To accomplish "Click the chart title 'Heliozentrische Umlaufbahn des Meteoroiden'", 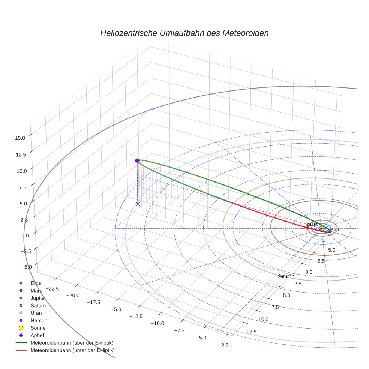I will point(184,33).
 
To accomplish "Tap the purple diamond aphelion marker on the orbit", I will point(137,160).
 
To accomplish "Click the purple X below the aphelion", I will point(138,204).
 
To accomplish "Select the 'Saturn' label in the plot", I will point(285,276).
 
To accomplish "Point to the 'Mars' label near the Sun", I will point(312,224).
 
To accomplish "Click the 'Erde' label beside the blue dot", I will point(335,229).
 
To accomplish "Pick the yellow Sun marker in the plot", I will point(321,228).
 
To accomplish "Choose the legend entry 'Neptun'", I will point(39,320).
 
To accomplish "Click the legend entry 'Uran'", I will point(36,313).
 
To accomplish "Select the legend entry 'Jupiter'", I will point(38,298).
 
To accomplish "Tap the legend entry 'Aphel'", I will point(37,335).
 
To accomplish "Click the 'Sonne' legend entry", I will point(38,328).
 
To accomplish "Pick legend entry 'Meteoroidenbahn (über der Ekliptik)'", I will point(72,343).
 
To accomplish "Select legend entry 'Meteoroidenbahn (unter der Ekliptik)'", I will point(72,350).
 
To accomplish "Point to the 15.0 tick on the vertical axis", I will point(20,138).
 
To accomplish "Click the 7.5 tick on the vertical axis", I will point(21,187).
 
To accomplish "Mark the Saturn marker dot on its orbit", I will point(279,276).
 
